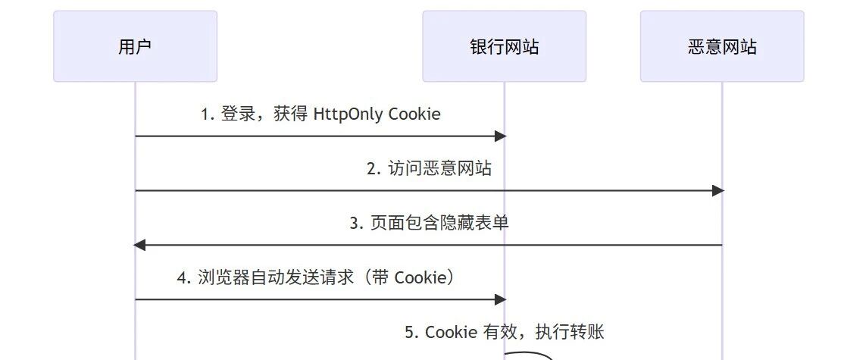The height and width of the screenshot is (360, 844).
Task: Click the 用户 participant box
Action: (135, 46)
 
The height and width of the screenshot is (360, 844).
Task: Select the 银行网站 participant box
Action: (504, 46)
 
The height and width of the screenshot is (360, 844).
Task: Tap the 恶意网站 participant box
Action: (721, 46)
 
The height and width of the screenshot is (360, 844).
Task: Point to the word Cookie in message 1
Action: (414, 114)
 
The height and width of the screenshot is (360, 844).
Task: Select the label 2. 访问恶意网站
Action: (429, 169)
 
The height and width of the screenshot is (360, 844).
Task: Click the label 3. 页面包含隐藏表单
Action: (429, 224)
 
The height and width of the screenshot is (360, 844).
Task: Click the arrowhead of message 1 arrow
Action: (500, 136)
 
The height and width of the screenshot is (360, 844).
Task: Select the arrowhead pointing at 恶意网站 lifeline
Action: (718, 191)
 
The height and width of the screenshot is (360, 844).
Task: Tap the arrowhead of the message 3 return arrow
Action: (139, 245)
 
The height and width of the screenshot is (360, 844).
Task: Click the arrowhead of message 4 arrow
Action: (500, 299)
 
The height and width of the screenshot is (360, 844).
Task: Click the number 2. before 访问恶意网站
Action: (374, 169)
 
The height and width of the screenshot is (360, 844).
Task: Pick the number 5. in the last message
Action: (411, 333)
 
